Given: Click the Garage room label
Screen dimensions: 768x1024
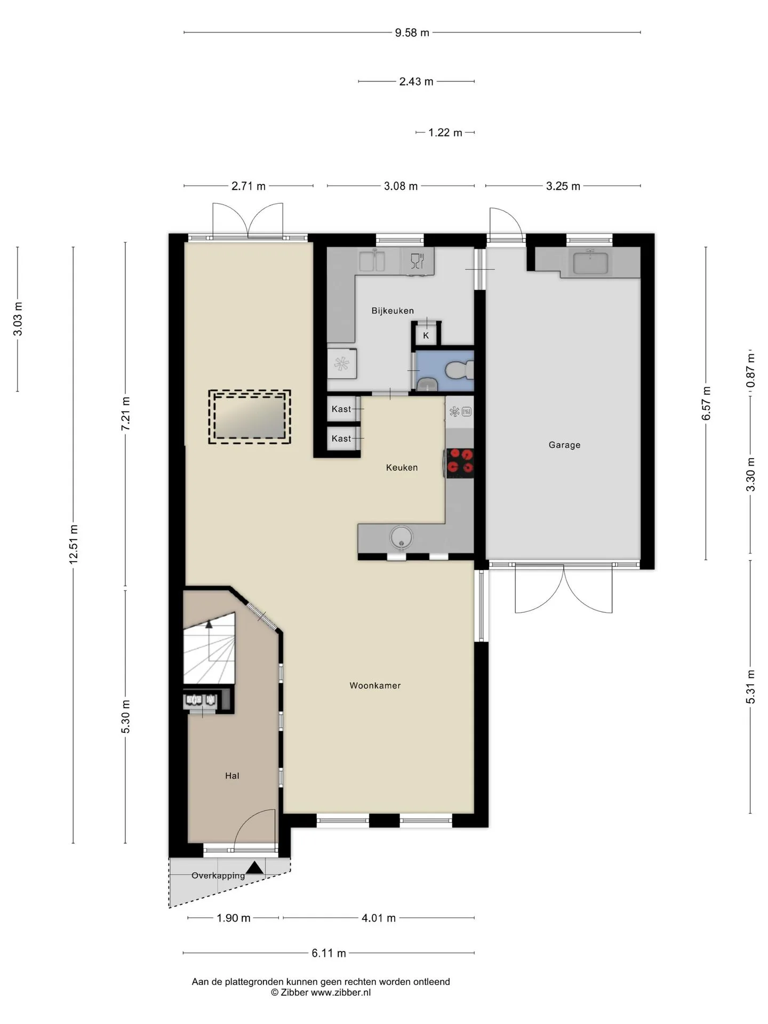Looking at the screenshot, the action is pos(564,445).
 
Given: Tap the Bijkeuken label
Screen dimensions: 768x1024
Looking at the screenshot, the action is pos(393,310).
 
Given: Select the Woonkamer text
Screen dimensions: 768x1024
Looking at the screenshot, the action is pos(375,685).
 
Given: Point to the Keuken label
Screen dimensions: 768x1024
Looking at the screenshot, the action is pos(402,467).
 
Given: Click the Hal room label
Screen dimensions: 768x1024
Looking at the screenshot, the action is pos(232,775).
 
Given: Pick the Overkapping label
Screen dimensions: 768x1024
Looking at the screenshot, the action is pos(218,875).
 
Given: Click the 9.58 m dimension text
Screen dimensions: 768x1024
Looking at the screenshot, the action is pos(412,33).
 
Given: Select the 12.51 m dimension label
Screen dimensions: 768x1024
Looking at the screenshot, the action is pos(74,544).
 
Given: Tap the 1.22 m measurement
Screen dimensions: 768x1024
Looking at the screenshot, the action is pos(445,132).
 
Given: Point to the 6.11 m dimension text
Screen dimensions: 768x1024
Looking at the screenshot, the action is pos(329,953).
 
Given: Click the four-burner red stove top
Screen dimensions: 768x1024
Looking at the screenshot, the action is pos(460,462).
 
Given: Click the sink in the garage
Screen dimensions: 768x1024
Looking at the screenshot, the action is pos(590,262).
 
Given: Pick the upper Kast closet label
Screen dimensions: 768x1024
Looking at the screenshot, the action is pos(341,409).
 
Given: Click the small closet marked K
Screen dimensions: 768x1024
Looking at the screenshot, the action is pos(426,335).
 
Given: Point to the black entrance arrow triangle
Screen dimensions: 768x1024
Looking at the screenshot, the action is pos(255,868).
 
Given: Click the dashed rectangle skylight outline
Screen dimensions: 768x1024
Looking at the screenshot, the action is pos(250,417).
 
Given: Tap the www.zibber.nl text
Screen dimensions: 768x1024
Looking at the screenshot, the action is pos(340,993).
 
